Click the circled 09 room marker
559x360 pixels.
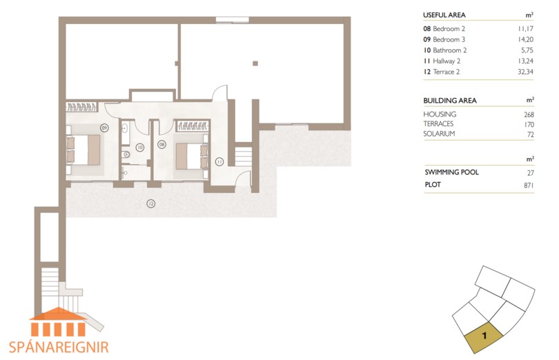tap(104, 128)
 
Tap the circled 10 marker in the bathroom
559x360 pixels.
tap(139, 147)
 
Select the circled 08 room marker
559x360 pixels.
tap(162, 144)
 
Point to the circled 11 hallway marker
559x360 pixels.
tap(219, 162)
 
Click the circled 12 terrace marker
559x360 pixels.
tap(151, 203)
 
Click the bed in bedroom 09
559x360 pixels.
tap(83, 150)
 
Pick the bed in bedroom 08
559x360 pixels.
tap(192, 156)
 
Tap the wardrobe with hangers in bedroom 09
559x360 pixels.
tap(81, 107)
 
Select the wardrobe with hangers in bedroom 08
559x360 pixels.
tap(193, 126)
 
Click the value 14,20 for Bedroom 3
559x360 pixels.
tap(525, 39)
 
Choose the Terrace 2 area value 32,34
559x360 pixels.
tap(525, 72)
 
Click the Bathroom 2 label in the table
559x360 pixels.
tap(449, 50)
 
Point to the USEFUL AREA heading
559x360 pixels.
tap(444, 15)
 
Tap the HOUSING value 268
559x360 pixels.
tap(529, 114)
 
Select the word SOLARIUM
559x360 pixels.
tap(439, 134)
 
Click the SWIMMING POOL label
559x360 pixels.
tap(452, 172)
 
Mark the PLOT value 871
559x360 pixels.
tap(529, 185)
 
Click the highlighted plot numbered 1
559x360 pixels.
tap(483, 336)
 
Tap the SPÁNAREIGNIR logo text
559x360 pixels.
tap(59, 347)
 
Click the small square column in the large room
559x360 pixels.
tap(255, 63)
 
